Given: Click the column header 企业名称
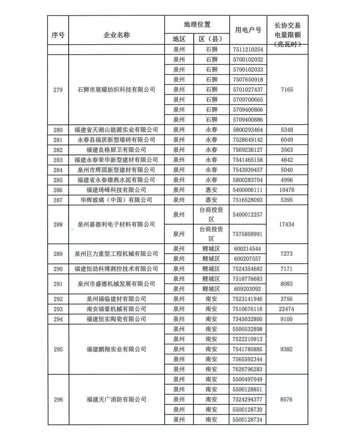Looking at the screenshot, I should coord(116,35).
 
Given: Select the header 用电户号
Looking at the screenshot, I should coord(248,30).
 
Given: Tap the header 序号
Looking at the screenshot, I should coord(58,35).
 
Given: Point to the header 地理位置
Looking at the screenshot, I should coord(197,24).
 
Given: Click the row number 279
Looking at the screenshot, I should coord(58,90).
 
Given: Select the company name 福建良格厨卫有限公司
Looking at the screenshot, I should coord(116,150).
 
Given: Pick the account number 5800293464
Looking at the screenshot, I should coord(248,130).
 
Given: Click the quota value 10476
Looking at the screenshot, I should coord(287,190).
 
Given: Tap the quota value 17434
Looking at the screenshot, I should coord(287,224).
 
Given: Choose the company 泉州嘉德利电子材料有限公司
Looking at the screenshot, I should coord(116,224).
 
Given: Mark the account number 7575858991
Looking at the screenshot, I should coord(248,234).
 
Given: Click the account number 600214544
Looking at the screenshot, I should coord(248,249).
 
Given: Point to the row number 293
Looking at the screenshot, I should coord(58,309).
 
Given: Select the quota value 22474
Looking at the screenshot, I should coord(287,309).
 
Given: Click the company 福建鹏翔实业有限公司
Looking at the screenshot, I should coord(116,349).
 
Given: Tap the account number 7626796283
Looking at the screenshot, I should coord(248,369).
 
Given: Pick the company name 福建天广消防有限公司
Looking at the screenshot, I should coord(116,399).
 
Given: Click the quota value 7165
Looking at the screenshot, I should coord(287,90).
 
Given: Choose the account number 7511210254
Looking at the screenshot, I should coord(248,49).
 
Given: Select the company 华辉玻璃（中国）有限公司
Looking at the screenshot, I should coord(116,200).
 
